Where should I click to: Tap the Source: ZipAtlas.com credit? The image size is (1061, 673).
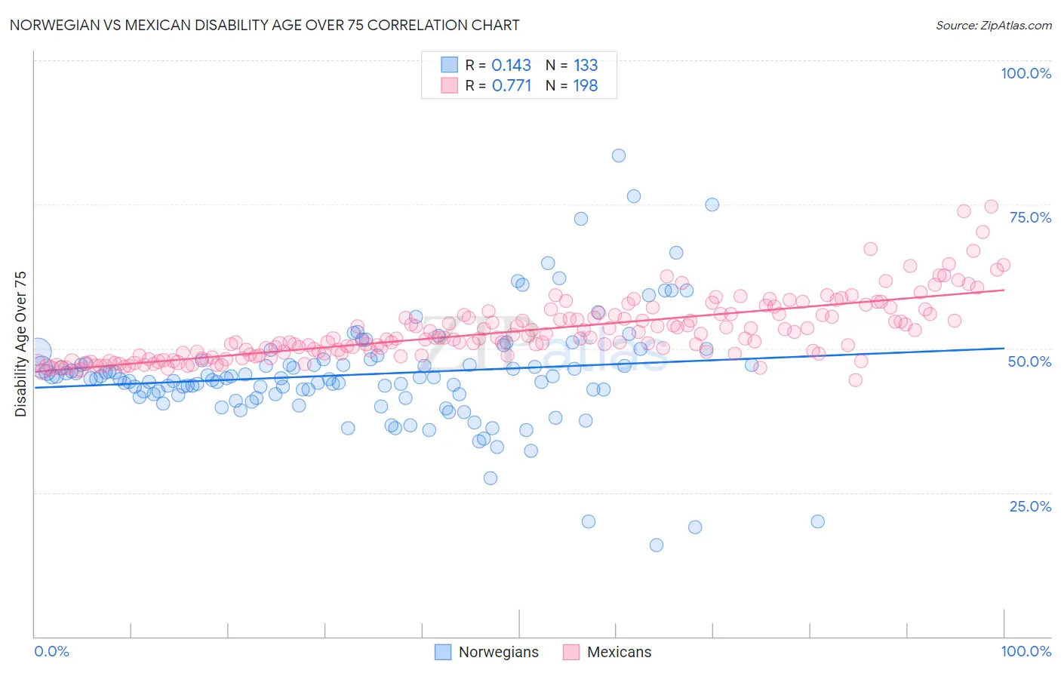click(993, 25)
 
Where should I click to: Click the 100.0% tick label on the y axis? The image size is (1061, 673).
click(1026, 73)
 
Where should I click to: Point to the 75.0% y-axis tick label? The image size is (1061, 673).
click(1030, 217)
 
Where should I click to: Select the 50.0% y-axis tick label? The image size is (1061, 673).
click(1029, 361)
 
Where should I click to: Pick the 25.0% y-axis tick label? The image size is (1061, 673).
click(1030, 506)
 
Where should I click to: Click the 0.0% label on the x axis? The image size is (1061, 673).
click(51, 651)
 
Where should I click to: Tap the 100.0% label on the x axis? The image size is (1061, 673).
click(1026, 651)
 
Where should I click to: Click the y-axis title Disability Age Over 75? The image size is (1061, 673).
click(20, 343)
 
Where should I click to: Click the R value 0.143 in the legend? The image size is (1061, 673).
click(511, 66)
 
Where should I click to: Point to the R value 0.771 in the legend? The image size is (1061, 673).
click(511, 86)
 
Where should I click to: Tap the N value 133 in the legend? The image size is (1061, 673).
click(586, 66)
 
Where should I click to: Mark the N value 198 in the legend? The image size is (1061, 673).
click(586, 86)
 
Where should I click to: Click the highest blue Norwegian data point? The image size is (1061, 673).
click(619, 155)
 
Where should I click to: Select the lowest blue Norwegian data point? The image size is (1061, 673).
click(657, 545)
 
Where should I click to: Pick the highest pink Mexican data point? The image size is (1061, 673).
click(992, 207)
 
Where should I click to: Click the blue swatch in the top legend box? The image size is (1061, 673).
click(449, 65)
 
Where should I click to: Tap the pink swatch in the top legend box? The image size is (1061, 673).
click(449, 85)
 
